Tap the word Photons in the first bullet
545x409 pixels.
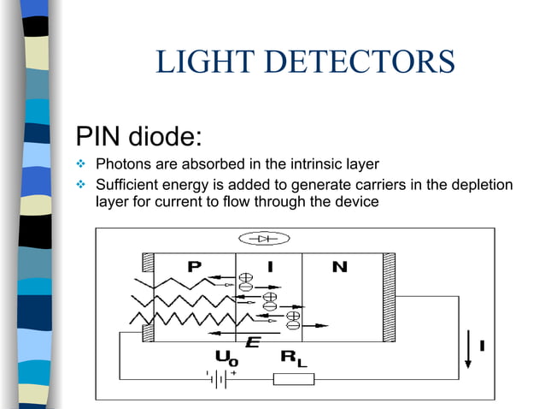(x=123, y=164)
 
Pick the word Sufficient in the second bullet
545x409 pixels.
(x=126, y=185)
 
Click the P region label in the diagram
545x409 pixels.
(x=194, y=267)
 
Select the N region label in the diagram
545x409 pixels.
(x=339, y=267)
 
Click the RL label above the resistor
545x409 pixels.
(x=293, y=359)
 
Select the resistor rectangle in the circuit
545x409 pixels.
(x=293, y=378)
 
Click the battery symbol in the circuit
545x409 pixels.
(x=218, y=378)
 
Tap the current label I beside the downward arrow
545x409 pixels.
(x=483, y=346)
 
